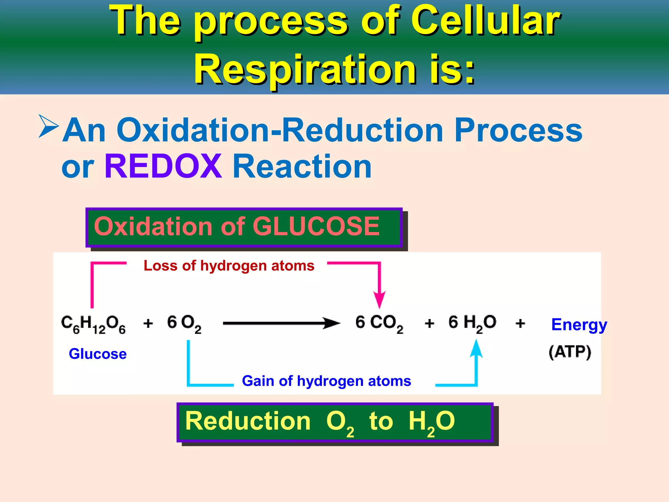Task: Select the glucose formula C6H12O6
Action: tap(93, 324)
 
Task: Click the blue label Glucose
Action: tap(98, 354)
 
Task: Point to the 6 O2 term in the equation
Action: tap(184, 324)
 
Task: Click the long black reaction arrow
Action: tap(281, 323)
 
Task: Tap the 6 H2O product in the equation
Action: tap(472, 324)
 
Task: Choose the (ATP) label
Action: tap(570, 352)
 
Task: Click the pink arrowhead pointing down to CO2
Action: tap(379, 299)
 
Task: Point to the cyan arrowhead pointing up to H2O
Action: tap(476, 348)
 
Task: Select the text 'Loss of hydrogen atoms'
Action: tap(229, 266)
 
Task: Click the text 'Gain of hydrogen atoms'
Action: tap(326, 381)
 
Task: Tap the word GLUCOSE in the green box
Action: tap(316, 226)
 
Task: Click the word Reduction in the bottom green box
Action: tap(248, 421)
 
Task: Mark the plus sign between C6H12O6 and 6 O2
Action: tap(148, 323)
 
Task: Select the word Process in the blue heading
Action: tap(518, 130)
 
